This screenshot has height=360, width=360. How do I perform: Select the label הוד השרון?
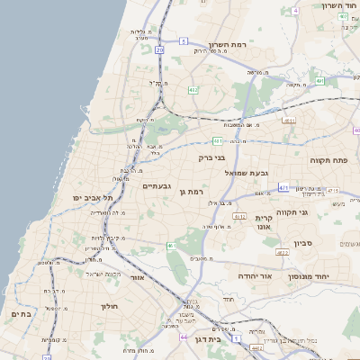pos(338,5)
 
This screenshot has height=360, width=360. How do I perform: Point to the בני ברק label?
pos(212,157)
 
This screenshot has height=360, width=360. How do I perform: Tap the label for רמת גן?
pos(194,192)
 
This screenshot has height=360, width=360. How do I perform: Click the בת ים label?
pos(21,314)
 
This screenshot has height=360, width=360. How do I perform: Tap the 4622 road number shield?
pos(283,254)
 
